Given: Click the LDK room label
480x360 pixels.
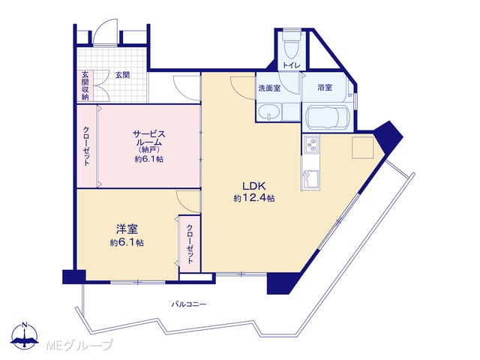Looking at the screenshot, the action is point(253,185).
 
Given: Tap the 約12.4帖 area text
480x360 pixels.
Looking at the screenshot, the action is point(253,198).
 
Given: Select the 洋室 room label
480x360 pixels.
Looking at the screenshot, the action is point(127,229).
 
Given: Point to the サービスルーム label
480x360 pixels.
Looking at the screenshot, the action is point(148,138).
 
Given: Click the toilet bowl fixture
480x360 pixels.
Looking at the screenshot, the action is point(291,43).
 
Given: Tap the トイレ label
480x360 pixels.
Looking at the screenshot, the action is point(291,65).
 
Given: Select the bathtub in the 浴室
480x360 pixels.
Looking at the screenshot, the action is point(327,117).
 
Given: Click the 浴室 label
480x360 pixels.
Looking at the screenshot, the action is point(325,87).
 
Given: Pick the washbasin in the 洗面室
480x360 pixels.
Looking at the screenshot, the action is point(268,112).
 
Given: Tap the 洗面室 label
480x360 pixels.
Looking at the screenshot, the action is point(269,88).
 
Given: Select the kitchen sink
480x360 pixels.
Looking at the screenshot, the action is point(310,178).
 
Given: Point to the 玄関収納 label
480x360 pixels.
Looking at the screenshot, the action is point(85,85).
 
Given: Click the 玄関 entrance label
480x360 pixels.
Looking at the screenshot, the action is point(122,75).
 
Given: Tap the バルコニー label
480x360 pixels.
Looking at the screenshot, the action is point(189,304).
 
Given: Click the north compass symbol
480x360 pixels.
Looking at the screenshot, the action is point(25,336).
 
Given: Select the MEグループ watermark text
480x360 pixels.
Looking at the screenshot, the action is point(79,345).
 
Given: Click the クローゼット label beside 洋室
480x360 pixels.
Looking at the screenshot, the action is point(190,244).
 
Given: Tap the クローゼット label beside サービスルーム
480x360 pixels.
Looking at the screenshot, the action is point(86,146).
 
